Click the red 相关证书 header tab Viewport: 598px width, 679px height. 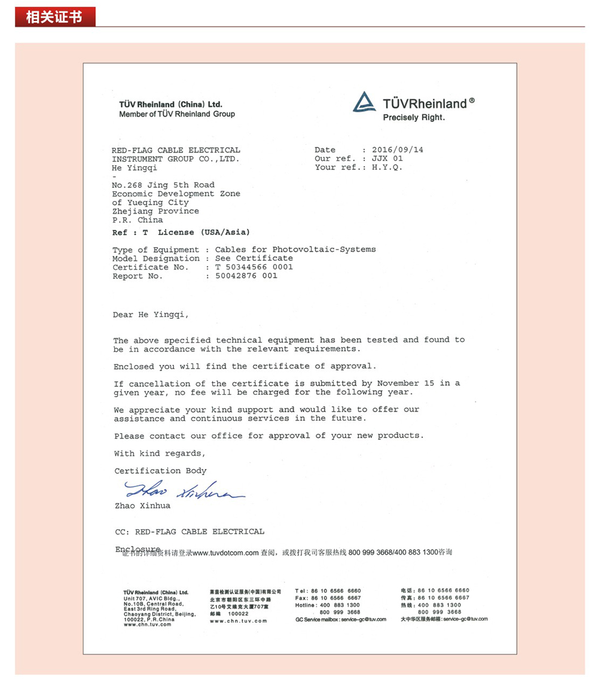(54, 16)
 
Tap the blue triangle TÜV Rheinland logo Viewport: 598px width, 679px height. (364, 102)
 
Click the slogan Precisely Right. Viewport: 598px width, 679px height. (414, 118)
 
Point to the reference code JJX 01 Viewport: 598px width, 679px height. (387, 159)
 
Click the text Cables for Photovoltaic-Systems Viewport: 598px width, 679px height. (295, 249)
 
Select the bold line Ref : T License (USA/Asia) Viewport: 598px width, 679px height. (181, 232)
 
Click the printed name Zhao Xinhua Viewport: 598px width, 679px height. (142, 506)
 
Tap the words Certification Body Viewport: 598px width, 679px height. (160, 471)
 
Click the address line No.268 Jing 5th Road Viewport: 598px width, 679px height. (163, 185)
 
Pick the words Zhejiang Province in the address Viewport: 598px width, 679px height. (155, 212)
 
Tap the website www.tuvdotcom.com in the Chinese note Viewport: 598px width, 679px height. (225, 552)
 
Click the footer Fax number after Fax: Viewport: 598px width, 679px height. (336, 598)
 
